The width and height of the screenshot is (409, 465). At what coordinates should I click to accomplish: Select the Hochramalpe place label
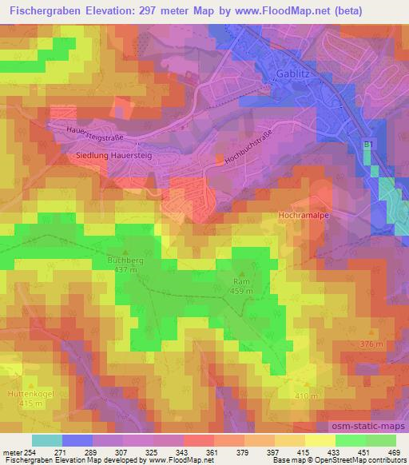tap(301, 216)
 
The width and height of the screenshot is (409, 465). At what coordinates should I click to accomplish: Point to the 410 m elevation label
tap(308, 396)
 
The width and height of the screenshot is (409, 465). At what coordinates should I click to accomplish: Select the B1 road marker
tap(368, 145)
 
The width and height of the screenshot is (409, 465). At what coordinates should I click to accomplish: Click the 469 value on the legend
tap(395, 452)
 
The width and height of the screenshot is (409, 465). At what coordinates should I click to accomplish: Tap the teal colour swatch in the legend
tap(46, 440)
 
